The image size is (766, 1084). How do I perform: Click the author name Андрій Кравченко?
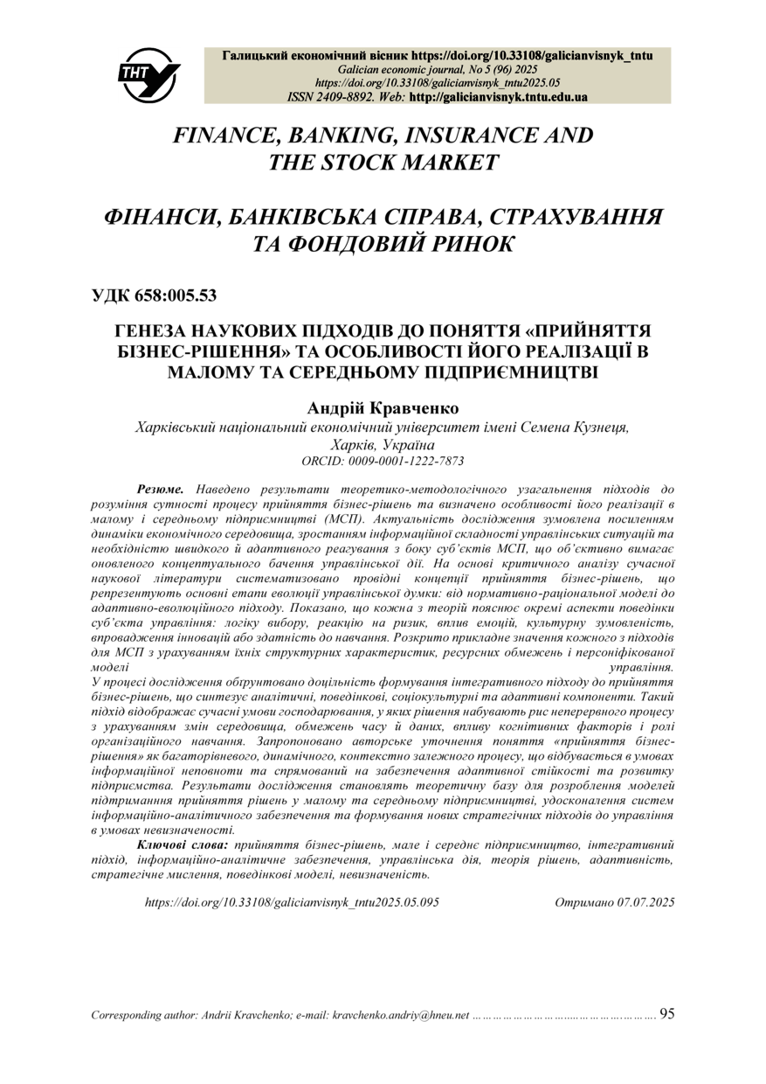tap(383, 408)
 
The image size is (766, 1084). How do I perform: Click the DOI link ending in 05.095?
tap(291, 900)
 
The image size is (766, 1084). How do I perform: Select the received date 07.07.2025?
tap(645, 900)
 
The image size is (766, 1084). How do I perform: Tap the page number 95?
tap(666, 1014)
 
